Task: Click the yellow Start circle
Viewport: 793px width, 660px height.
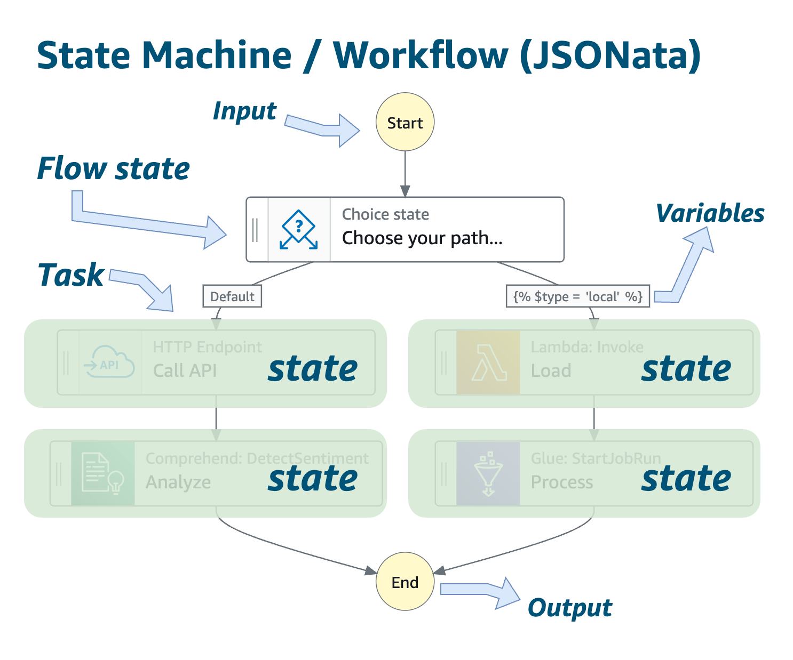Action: click(x=405, y=123)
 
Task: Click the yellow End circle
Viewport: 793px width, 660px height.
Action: click(x=405, y=582)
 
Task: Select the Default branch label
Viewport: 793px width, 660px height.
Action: click(x=232, y=296)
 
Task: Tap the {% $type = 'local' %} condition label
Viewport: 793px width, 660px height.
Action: click(x=577, y=296)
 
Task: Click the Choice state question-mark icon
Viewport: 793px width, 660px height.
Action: click(x=299, y=230)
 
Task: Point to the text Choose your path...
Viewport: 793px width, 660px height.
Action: click(x=422, y=238)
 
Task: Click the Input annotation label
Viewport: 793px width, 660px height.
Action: click(x=244, y=111)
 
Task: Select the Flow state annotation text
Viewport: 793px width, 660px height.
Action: click(x=113, y=169)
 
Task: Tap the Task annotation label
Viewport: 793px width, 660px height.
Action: click(x=71, y=275)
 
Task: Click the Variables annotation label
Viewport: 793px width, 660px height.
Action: click(x=710, y=213)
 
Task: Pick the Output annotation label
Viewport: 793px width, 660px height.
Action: click(x=570, y=608)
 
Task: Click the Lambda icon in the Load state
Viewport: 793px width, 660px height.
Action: click(x=488, y=363)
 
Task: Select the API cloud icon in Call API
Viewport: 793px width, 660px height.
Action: click(x=110, y=363)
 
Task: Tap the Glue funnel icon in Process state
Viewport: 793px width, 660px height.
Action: click(x=488, y=473)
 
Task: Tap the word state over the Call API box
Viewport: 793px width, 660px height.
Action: click(x=313, y=369)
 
